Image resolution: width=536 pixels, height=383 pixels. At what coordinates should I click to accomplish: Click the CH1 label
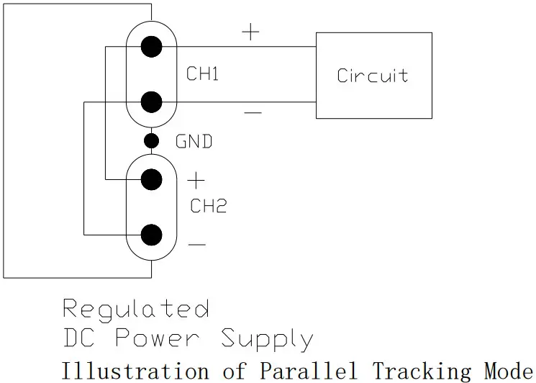pos(202,74)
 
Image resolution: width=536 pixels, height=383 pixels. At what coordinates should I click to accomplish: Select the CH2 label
pos(208,206)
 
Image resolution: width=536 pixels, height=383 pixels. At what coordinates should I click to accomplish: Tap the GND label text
pos(194,142)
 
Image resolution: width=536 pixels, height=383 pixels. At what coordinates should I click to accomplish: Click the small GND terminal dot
pos(151,140)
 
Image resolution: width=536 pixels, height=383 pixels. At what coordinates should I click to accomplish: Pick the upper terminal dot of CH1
pos(151,48)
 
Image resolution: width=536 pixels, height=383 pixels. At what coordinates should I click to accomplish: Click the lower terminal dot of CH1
pos(151,102)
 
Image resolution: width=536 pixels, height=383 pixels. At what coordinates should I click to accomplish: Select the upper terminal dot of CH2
pos(151,179)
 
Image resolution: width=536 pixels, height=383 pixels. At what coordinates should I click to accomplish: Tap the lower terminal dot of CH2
pos(151,235)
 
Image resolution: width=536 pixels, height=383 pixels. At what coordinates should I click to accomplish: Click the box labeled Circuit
pos(373,76)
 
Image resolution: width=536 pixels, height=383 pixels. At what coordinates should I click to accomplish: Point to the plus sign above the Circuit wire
pos(250,32)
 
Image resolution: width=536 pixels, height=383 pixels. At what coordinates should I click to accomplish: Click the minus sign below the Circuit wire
pos(253,113)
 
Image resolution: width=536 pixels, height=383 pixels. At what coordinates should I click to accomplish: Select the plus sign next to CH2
pos(196,180)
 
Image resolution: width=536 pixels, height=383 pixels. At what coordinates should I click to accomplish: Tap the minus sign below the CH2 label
pos(196,245)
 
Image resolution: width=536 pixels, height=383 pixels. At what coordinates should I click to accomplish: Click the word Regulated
pos(136,310)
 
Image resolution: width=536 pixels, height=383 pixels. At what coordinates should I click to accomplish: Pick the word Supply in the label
pos(266,339)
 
